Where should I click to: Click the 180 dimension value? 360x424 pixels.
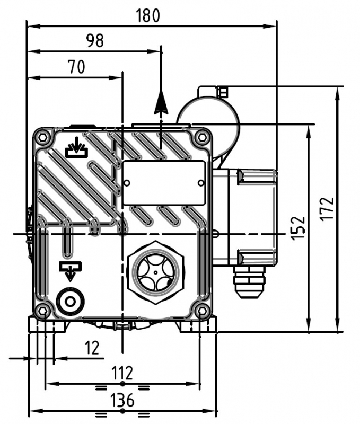click(x=148, y=15)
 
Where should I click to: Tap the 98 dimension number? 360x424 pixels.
click(x=95, y=41)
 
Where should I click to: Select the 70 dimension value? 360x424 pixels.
click(x=76, y=67)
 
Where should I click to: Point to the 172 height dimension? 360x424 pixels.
click(x=327, y=209)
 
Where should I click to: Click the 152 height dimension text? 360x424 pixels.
click(x=298, y=228)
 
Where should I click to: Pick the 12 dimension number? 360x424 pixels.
click(x=92, y=348)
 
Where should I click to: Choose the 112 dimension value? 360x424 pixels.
click(x=122, y=373)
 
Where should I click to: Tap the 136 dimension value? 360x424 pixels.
click(x=122, y=400)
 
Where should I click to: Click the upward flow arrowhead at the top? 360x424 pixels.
click(x=161, y=103)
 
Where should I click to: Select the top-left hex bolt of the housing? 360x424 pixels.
click(x=42, y=137)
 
